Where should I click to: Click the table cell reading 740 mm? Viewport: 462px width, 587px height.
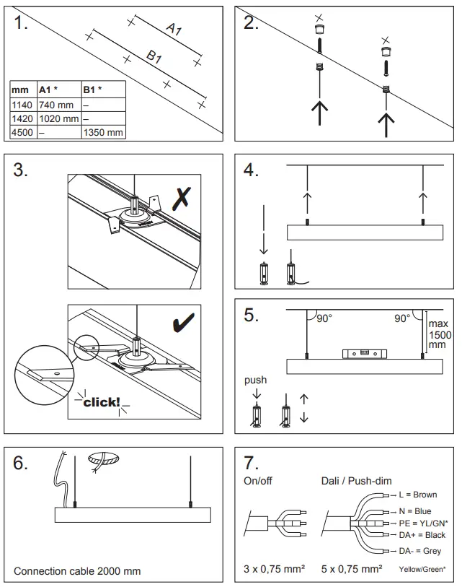pyautogui.click(x=57, y=105)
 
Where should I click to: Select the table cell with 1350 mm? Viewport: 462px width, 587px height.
pyautogui.click(x=103, y=133)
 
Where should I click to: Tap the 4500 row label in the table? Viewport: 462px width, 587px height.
pyautogui.click(x=21, y=133)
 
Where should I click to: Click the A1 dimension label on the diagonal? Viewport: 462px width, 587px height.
pyautogui.click(x=174, y=30)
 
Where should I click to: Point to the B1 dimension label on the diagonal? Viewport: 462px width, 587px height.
pyautogui.click(x=154, y=56)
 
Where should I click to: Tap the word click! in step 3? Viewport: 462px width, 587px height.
pyautogui.click(x=101, y=402)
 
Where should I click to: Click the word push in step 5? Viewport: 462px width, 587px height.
pyautogui.click(x=254, y=380)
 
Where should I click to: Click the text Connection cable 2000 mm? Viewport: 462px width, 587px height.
pyautogui.click(x=77, y=571)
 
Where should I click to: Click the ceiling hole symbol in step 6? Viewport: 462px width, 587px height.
pyautogui.click(x=104, y=458)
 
